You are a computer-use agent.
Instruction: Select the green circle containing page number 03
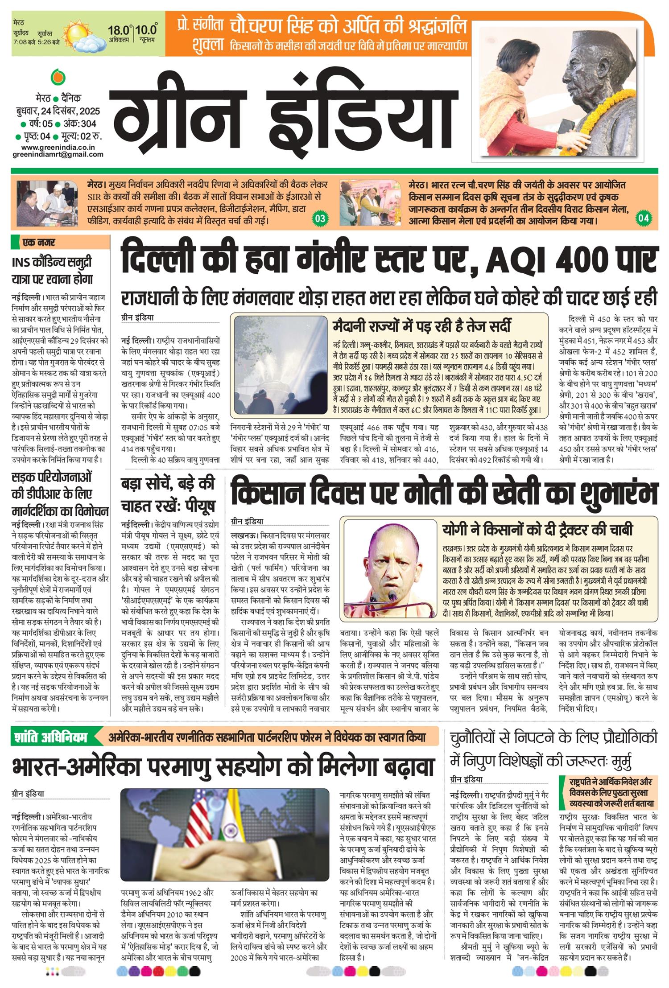point(320,218)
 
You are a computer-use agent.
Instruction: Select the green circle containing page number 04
point(644,218)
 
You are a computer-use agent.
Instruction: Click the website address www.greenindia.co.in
point(58,147)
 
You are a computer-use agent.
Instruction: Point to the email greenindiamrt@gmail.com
point(58,155)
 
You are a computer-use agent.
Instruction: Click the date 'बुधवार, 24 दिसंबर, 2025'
point(58,111)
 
